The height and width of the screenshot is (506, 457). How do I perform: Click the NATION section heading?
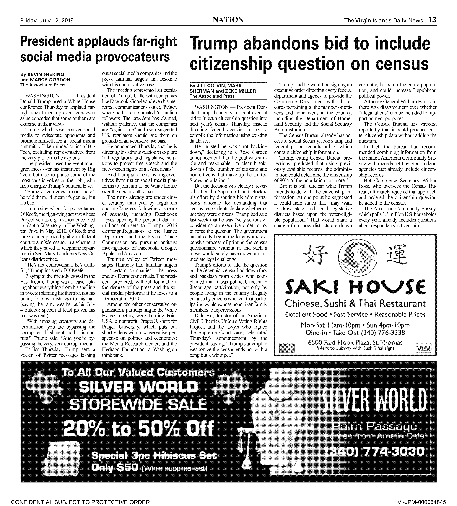tap(228, 20)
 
